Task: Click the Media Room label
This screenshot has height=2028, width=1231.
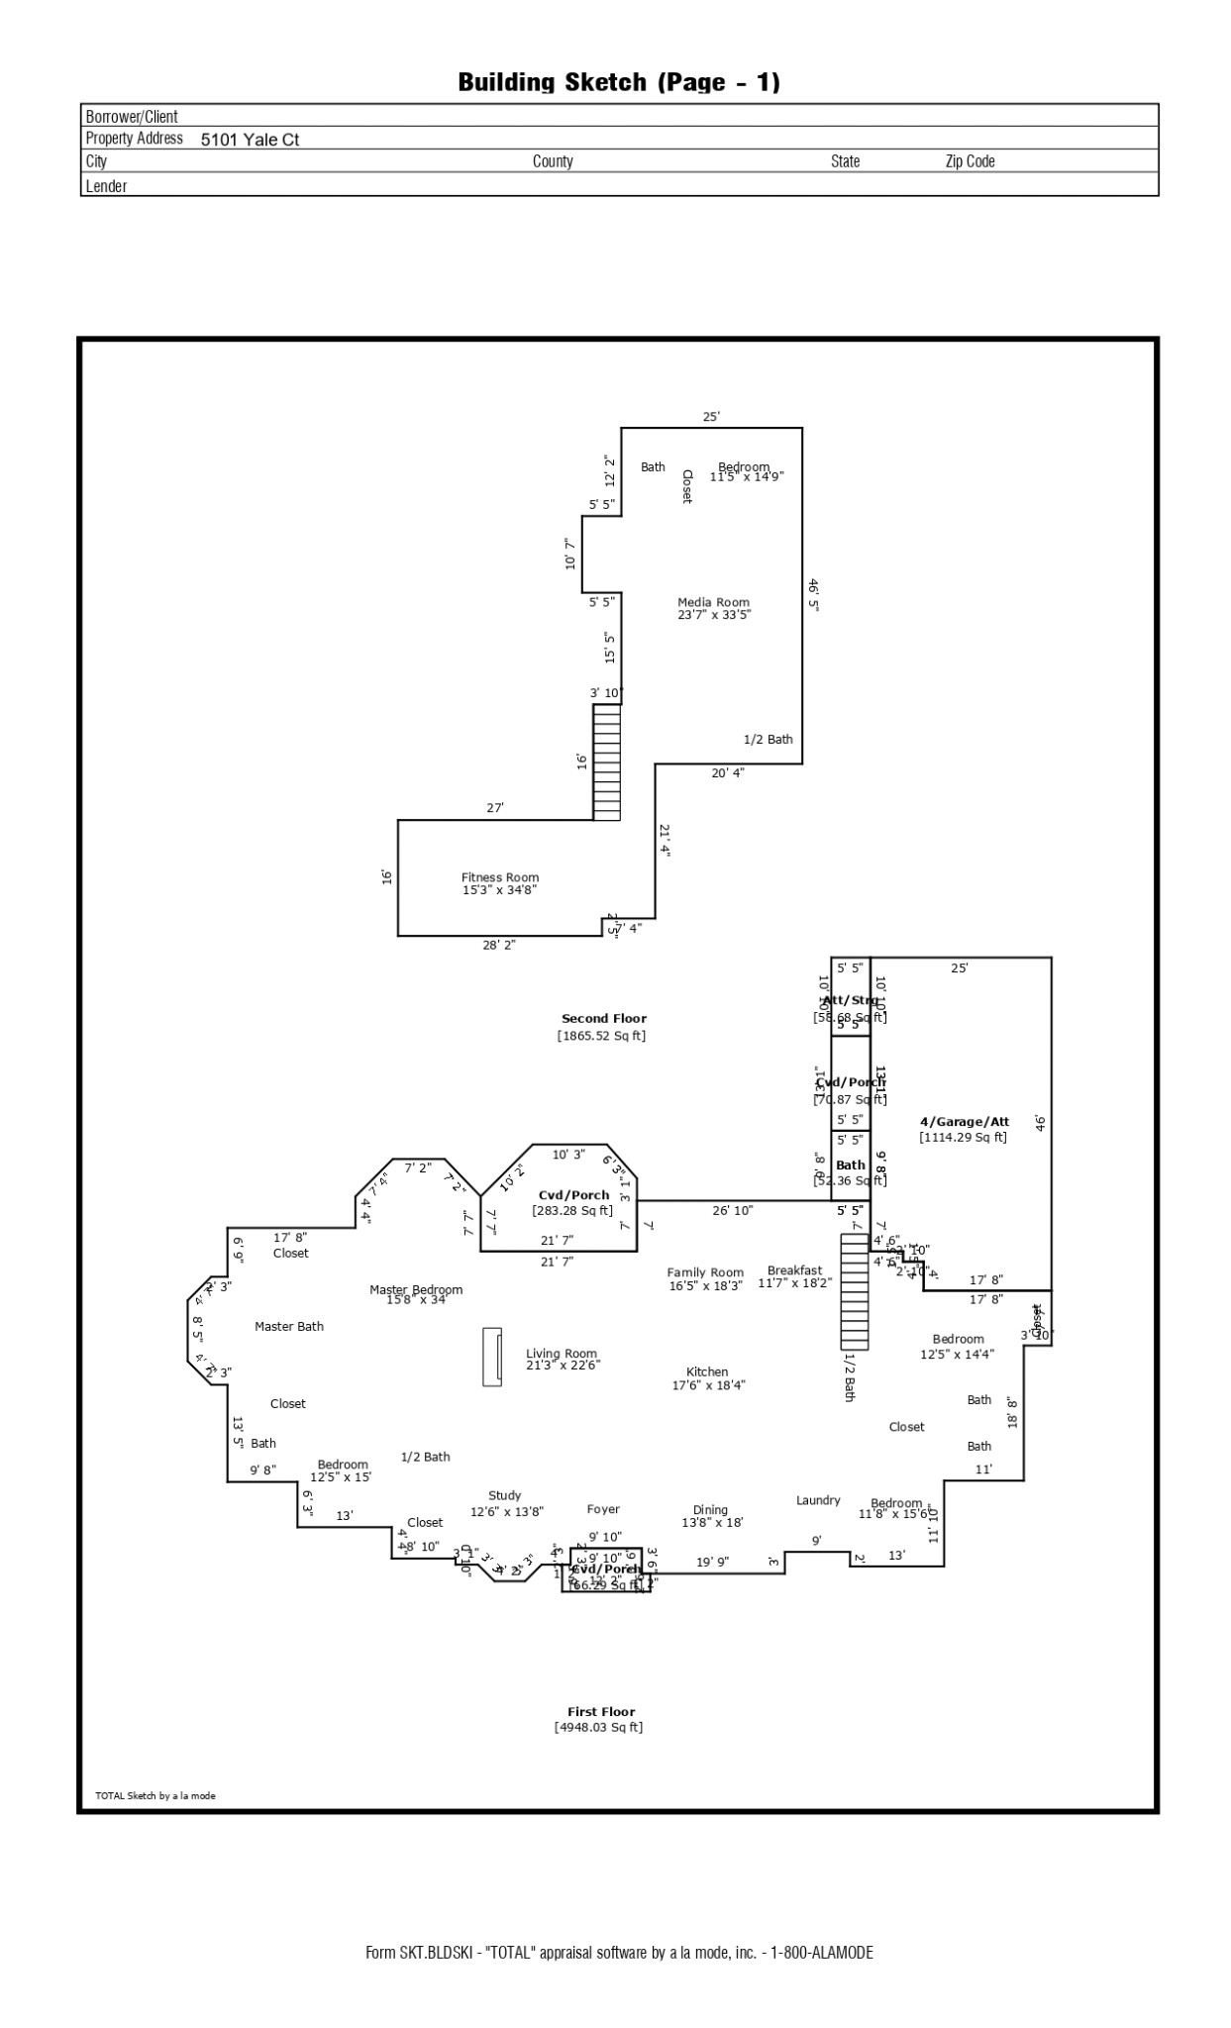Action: click(x=713, y=602)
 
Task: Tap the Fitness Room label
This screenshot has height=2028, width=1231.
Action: click(x=500, y=877)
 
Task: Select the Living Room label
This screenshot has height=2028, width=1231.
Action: click(x=562, y=1354)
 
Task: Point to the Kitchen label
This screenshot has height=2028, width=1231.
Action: click(x=707, y=1372)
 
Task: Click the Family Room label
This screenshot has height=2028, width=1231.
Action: click(x=705, y=1272)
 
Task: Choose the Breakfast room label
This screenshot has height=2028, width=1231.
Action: click(x=794, y=1270)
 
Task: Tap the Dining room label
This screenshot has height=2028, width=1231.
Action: click(x=710, y=1510)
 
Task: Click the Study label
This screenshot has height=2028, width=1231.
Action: click(x=505, y=1495)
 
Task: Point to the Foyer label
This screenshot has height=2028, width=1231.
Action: click(x=603, y=1509)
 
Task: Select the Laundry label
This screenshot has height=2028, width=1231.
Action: click(x=818, y=1500)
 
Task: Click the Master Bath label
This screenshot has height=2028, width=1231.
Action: click(x=289, y=1326)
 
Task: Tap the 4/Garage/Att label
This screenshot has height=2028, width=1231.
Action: click(x=964, y=1122)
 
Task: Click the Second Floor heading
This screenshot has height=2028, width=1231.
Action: click(x=603, y=1018)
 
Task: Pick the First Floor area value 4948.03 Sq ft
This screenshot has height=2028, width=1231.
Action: click(x=598, y=1727)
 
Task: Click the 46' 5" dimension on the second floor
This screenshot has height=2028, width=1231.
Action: click(x=813, y=594)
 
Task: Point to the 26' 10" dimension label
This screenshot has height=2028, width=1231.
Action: click(x=733, y=1210)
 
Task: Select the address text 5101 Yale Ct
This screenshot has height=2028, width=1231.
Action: click(x=250, y=140)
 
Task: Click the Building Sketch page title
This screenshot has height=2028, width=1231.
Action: click(x=619, y=82)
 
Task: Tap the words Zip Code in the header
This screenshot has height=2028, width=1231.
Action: click(x=970, y=161)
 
